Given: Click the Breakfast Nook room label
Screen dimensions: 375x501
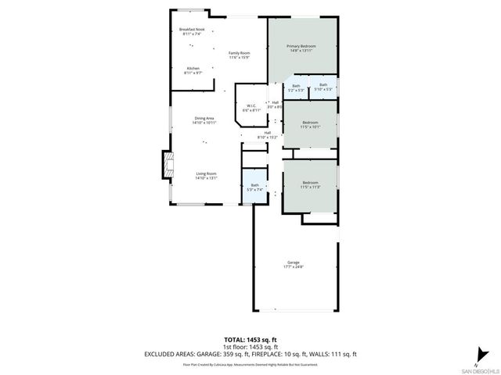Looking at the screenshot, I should tap(192, 32).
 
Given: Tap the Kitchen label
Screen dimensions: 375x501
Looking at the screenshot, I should tap(192, 70).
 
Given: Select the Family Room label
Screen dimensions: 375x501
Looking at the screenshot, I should tap(239, 54).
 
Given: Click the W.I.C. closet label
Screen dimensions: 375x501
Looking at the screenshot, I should tap(251, 109).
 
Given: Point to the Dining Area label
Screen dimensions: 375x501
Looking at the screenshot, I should tap(205, 120).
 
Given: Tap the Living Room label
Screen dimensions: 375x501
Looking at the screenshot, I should tap(206, 175).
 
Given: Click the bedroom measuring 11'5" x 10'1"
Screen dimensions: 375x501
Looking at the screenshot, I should tap(311, 124).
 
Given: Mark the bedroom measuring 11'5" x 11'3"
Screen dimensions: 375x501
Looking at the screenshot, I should tap(311, 185).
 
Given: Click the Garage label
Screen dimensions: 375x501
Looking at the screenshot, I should tap(294, 264).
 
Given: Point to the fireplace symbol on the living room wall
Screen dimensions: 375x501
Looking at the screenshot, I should tap(165, 165).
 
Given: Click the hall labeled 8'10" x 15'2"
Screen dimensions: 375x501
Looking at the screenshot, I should tap(267, 134).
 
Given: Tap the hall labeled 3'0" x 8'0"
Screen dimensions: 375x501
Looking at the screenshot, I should tap(275, 104).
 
